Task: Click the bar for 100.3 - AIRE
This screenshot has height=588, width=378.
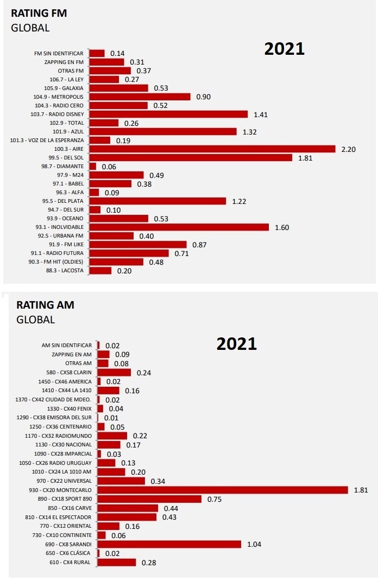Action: (212, 149)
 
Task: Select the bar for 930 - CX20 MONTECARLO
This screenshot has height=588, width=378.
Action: (223, 490)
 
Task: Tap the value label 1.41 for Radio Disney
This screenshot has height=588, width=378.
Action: (261, 114)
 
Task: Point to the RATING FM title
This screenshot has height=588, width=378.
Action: (39, 14)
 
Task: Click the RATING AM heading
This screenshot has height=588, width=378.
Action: (45, 305)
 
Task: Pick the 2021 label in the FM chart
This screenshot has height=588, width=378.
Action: (285, 49)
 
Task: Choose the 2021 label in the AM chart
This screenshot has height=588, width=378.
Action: (237, 344)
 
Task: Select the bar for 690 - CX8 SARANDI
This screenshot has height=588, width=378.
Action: (169, 544)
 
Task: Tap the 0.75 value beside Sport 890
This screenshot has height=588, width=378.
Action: (215, 499)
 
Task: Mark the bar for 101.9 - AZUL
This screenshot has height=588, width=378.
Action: (162, 131)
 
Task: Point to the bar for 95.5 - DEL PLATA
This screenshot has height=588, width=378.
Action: (157, 201)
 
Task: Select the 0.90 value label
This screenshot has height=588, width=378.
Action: (204, 97)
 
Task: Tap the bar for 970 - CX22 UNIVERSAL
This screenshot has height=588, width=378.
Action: (121, 481)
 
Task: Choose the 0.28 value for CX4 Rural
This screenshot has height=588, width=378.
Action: (149, 563)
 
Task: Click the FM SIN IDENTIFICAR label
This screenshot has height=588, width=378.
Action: (59, 54)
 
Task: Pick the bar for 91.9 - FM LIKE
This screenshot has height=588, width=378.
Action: (137, 245)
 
